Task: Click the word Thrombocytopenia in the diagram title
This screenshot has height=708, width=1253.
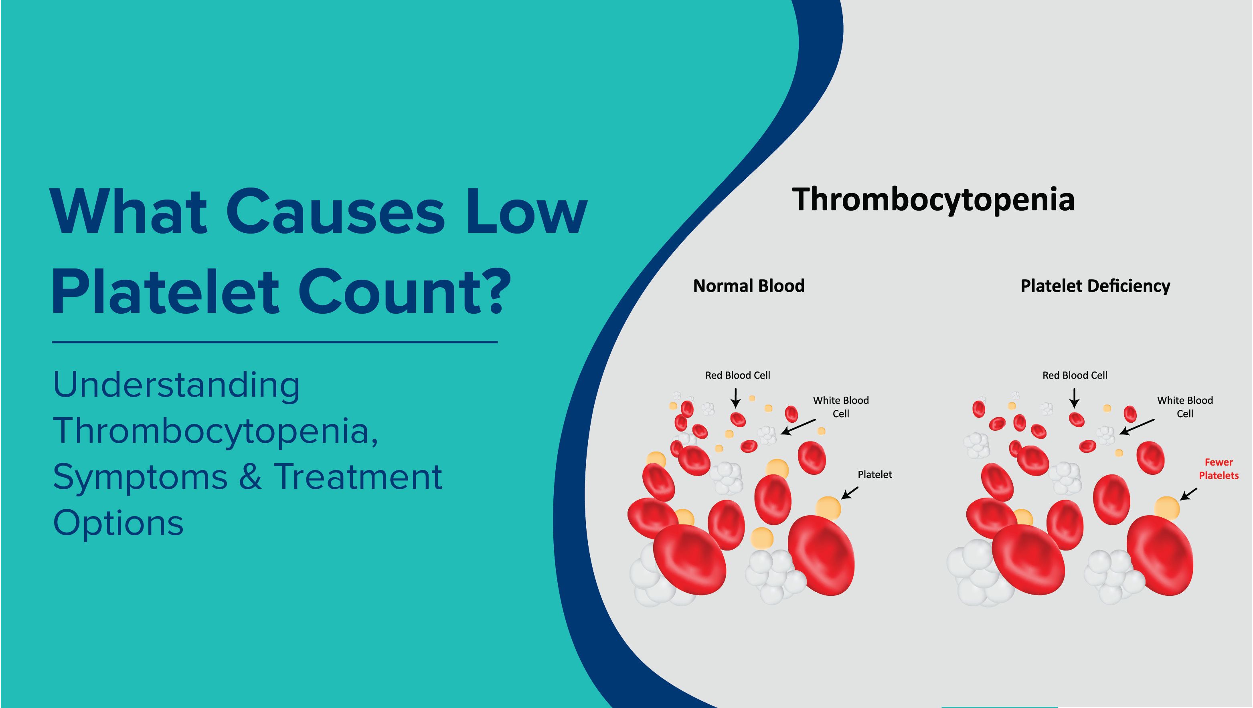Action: click(933, 200)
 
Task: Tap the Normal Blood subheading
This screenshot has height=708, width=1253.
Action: click(749, 286)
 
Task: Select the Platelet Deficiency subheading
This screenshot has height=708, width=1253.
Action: click(1095, 286)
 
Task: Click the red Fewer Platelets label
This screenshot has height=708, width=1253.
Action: click(1218, 469)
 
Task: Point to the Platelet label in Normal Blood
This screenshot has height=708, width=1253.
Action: click(874, 474)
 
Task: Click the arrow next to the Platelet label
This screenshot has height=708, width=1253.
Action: click(850, 493)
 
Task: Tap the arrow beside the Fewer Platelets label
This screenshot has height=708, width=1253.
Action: click(1188, 494)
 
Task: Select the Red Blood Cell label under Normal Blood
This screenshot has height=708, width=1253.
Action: click(737, 375)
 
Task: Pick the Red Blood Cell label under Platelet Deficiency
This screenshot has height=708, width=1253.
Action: click(1075, 375)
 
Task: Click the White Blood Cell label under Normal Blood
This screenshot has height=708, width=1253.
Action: click(840, 407)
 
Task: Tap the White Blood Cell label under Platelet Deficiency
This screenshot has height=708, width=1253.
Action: click(1184, 407)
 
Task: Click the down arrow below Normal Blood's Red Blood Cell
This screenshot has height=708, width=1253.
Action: click(736, 398)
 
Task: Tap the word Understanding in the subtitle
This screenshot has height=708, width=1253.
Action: click(176, 385)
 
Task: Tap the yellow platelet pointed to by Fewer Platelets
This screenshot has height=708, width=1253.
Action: click(1166, 508)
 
